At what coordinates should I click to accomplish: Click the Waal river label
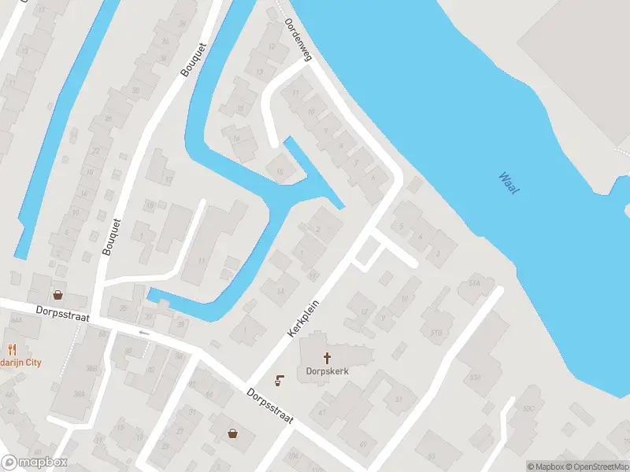pyautogui.click(x=508, y=185)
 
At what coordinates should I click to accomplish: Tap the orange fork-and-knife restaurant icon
pyautogui.click(x=11, y=349)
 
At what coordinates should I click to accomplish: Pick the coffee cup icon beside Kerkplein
pyautogui.click(x=280, y=382)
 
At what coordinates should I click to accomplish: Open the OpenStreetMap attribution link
pyautogui.click(x=598, y=466)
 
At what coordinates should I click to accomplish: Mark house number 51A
pyautogui.click(x=474, y=283)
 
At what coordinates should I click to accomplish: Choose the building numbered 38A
pyautogui.click(x=79, y=394)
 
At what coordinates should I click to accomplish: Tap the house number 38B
pyautogui.click(x=92, y=368)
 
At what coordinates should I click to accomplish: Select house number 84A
pyautogui.click(x=15, y=320)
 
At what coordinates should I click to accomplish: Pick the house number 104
pyautogui.click(x=294, y=455)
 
